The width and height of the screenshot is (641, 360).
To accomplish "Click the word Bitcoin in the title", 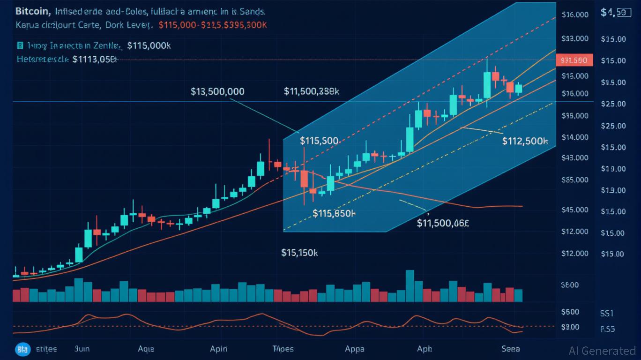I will point(33,11).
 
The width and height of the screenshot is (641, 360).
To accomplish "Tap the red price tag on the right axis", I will point(574,60).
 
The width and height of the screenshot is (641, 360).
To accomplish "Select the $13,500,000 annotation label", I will point(217,91).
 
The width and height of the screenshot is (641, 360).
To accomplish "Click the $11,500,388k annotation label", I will point(312,91).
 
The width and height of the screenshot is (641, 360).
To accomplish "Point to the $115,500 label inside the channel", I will point(319,141).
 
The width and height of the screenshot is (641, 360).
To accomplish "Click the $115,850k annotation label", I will point(334,213).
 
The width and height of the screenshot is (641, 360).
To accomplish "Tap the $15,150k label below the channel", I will point(299,253).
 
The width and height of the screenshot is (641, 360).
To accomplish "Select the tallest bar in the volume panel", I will point(410,285).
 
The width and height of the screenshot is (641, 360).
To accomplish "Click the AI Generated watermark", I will point(602,351).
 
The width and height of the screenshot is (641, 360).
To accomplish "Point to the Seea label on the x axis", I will point(510,349).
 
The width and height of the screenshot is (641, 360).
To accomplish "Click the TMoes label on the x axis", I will point(283,349).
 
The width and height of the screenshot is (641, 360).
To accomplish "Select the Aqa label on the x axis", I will point(146,349).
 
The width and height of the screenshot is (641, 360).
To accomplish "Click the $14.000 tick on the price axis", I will point(575,137).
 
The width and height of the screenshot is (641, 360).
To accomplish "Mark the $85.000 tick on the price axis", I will point(574,180).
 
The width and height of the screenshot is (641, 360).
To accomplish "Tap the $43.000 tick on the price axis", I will point(574,158).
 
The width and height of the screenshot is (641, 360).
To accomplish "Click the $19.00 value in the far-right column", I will point(613,169).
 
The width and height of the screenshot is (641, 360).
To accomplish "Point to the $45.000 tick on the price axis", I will point(574,210).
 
